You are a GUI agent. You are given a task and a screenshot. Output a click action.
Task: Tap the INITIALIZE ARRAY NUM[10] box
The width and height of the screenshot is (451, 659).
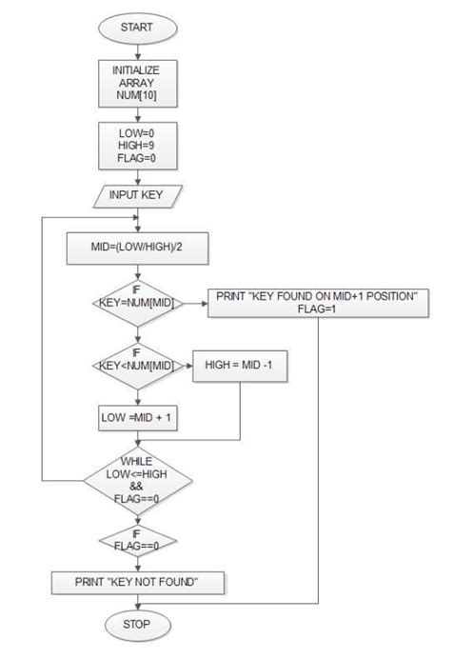(x=136, y=83)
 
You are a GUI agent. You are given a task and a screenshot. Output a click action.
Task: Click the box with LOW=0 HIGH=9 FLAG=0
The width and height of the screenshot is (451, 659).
(x=136, y=143)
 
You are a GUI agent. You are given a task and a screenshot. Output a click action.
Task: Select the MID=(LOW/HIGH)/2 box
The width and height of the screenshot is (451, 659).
(x=136, y=250)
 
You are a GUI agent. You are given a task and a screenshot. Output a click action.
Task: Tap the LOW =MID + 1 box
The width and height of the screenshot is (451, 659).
(x=136, y=416)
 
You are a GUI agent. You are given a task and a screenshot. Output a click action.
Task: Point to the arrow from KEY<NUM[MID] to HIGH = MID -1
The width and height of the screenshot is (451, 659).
(x=186, y=366)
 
